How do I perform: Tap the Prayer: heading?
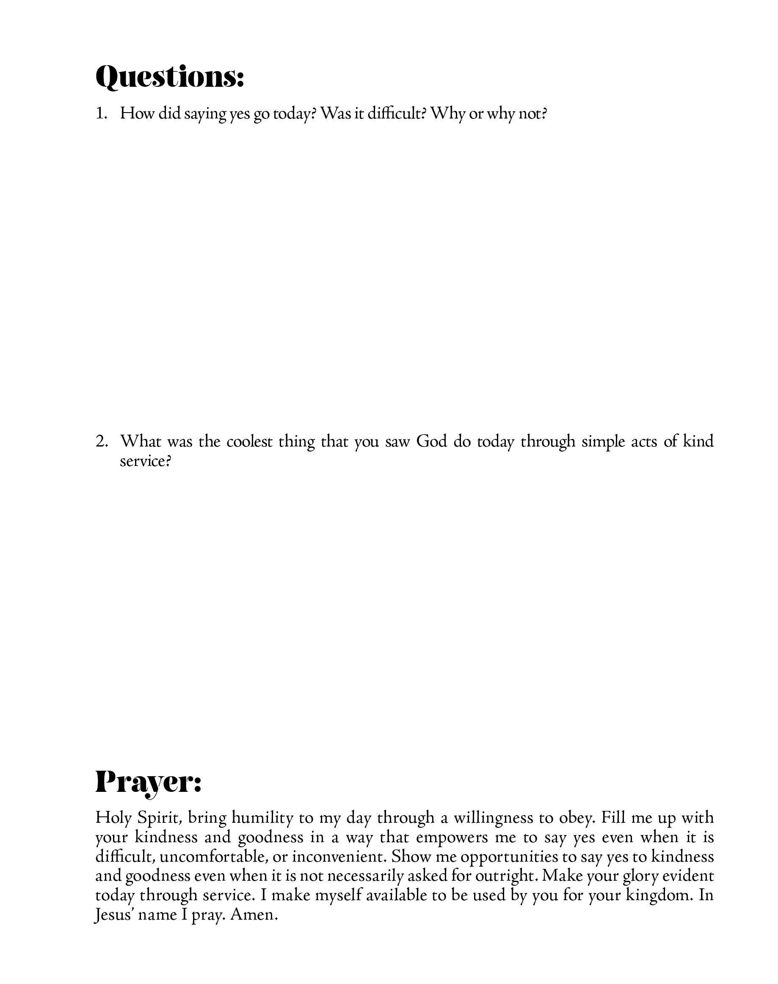coord(148,782)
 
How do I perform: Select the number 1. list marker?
coord(101,113)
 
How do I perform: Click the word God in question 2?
coord(431,441)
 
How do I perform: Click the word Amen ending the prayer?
coord(253,915)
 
